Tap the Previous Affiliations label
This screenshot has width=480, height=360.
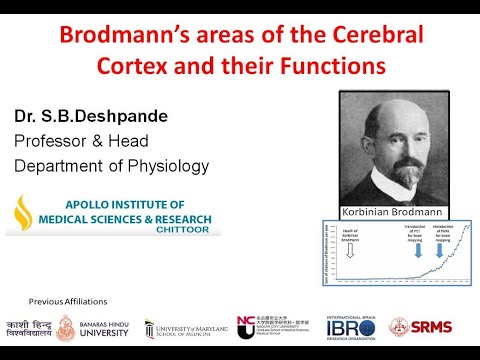pyautogui.click(x=68, y=301)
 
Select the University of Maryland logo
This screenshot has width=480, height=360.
pyautogui.click(x=185, y=328)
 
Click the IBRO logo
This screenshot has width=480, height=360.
pyautogui.click(x=354, y=328)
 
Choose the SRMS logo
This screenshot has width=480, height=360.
pyautogui.click(x=432, y=326)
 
